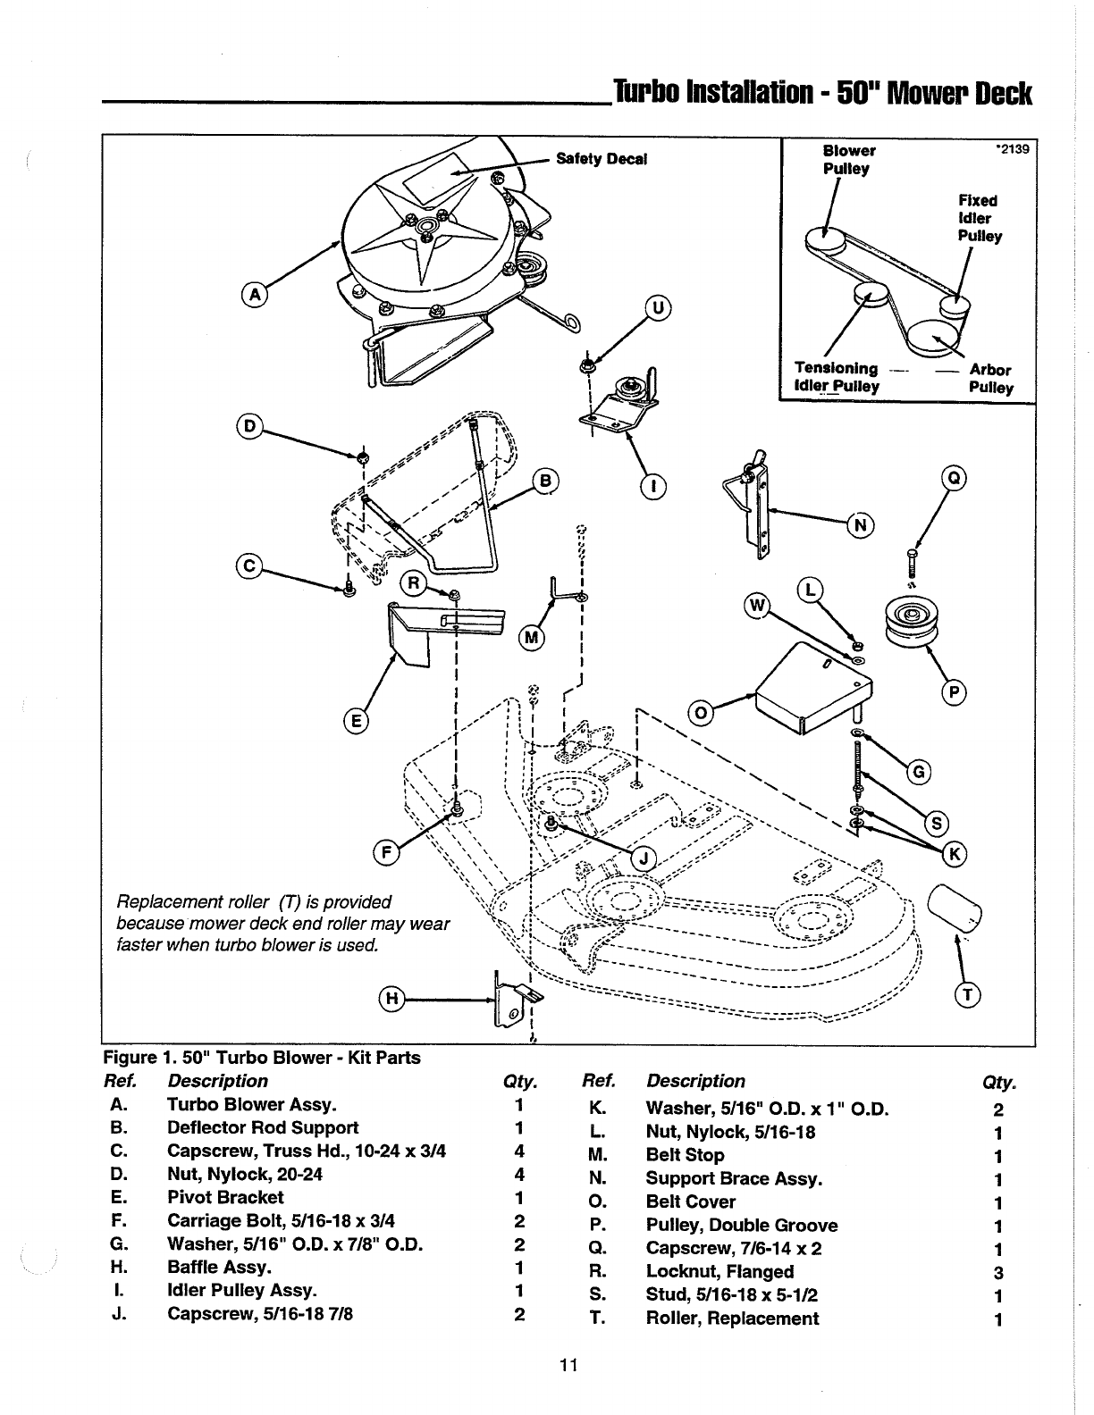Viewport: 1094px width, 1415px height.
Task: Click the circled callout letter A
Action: coord(255,295)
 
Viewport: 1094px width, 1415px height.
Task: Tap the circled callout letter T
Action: coord(968,995)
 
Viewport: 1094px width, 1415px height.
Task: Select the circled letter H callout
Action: coord(391,999)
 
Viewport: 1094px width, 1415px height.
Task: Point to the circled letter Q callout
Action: coord(954,479)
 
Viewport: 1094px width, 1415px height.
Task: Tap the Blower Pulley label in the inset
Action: coord(849,160)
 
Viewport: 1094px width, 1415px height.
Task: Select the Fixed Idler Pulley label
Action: coord(980,218)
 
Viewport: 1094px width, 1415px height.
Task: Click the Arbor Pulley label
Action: coord(990,379)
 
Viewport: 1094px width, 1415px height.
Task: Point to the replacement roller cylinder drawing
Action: coord(954,908)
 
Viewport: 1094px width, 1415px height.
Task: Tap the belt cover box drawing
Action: coord(812,688)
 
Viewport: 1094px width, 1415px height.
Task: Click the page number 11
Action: coord(568,1364)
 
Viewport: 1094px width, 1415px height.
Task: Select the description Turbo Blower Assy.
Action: coord(251,1104)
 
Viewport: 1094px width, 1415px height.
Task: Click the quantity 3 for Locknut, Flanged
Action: coord(997,1272)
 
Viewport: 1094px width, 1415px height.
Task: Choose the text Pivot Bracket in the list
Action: coord(225,1198)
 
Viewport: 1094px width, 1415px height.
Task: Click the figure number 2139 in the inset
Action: coord(1013,149)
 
